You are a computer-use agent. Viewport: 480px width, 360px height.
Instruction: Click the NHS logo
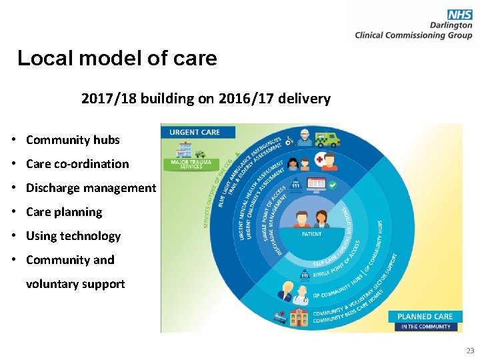coord(460,14)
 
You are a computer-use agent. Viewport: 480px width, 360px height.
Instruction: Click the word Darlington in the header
coord(451,25)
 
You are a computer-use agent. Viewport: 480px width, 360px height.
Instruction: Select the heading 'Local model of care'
coord(117,59)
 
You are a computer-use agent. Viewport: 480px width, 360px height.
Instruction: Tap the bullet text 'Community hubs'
coord(73,140)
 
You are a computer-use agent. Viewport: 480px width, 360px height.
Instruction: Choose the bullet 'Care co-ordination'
coord(77,164)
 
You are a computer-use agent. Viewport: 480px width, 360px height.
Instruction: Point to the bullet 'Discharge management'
coord(91,188)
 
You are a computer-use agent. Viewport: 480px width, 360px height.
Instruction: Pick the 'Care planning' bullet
coord(64,212)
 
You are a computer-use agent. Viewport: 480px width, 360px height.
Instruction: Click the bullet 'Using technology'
coord(73,236)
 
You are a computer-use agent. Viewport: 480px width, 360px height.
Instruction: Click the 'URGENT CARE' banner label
coord(194,132)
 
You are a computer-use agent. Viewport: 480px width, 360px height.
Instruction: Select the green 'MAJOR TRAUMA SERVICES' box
coord(191,164)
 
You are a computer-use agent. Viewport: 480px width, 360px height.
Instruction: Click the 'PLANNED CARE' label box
coord(425,317)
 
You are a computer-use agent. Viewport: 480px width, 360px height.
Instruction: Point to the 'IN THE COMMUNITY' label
coord(425,327)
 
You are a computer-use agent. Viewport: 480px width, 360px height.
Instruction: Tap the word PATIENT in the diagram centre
coord(311,234)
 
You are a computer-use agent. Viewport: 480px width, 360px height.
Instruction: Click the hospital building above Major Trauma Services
coord(184,150)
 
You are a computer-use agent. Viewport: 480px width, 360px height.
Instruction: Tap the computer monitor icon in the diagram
coord(314,183)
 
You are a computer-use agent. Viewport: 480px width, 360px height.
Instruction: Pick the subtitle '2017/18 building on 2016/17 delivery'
coord(205,99)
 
